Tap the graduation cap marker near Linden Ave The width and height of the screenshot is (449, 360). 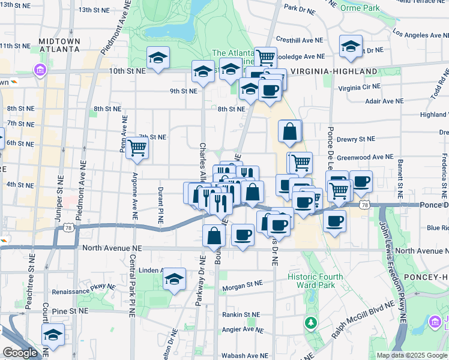tap(174, 278)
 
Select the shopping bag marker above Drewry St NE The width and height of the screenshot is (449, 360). tap(289, 132)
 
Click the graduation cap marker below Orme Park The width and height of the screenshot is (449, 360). tap(351, 46)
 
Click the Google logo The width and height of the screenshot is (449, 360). tap(20, 353)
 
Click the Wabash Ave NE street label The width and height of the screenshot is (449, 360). tap(241, 355)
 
